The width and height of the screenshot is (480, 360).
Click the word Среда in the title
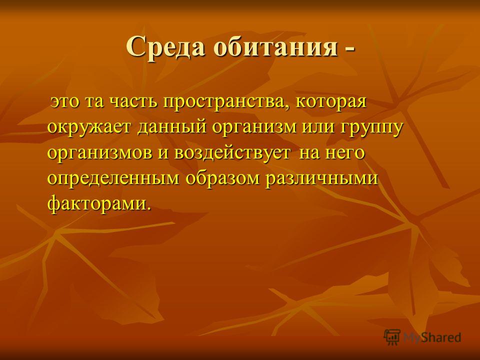[165, 47]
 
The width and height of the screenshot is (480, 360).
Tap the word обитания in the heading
[276, 47]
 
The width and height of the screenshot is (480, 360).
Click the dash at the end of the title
[350, 50]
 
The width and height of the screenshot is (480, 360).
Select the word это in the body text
[65, 102]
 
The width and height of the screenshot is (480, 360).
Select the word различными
[322, 178]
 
